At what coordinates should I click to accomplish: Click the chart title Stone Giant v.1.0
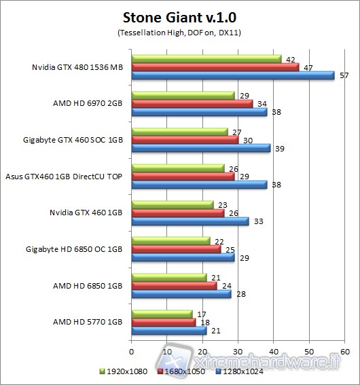pos(179,16)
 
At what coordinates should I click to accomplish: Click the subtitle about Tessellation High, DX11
pos(179,32)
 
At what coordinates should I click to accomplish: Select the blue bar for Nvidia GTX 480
pos(232,75)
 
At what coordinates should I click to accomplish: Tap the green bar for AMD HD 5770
pos(161,314)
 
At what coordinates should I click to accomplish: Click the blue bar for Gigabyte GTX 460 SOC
pos(200,148)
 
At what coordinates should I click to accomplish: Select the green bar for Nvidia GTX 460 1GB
pos(172,204)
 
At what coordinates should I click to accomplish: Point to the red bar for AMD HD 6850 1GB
pos(174,285)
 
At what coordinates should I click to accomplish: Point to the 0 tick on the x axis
pos(131,352)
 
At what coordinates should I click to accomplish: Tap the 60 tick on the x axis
pos(344,352)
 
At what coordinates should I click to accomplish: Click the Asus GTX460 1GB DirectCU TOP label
pos(65,175)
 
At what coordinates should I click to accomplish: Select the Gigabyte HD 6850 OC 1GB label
pos(73,249)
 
